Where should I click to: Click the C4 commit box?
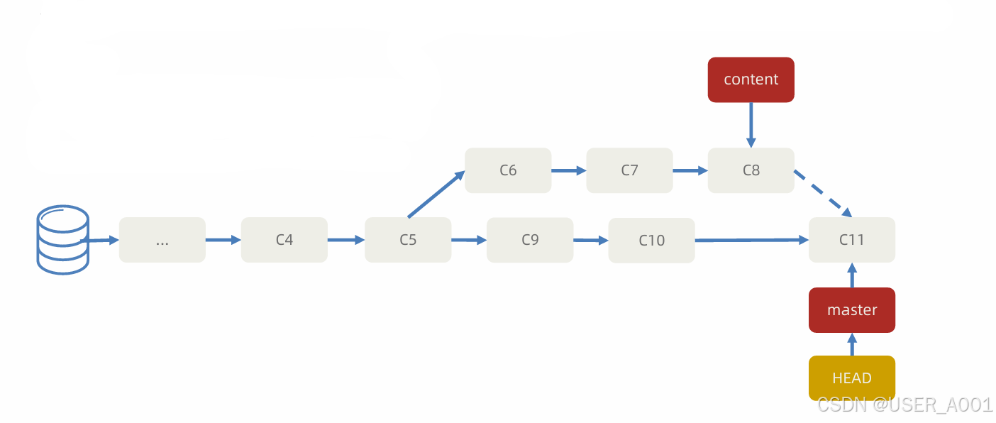pyautogui.click(x=284, y=240)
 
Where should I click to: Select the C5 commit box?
pyautogui.click(x=408, y=240)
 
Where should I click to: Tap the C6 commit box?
pyautogui.click(x=508, y=170)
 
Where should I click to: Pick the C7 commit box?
pyautogui.click(x=629, y=170)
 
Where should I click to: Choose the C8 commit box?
pyautogui.click(x=751, y=170)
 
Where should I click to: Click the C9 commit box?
pyautogui.click(x=530, y=240)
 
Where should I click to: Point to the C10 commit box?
pyautogui.click(x=651, y=241)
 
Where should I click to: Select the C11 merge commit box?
pyautogui.click(x=852, y=240)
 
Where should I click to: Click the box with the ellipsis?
pyautogui.click(x=162, y=240)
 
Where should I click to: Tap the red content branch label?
pyautogui.click(x=751, y=79)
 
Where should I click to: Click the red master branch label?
pyautogui.click(x=852, y=310)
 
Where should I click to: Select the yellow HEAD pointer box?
pyautogui.click(x=852, y=378)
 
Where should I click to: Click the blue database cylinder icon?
pyautogui.click(x=63, y=240)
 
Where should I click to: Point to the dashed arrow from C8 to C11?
pyautogui.click(x=823, y=193)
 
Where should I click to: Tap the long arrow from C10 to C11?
pyautogui.click(x=752, y=241)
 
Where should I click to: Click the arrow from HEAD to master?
pyautogui.click(x=852, y=344)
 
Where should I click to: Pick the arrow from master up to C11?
pyautogui.click(x=852, y=275)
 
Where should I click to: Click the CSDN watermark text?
pyautogui.click(x=904, y=405)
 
